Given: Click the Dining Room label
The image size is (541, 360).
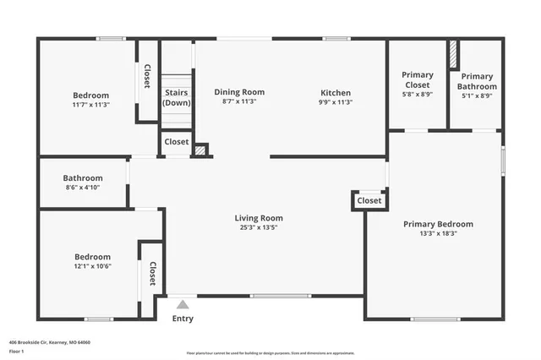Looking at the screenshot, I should coord(238,92).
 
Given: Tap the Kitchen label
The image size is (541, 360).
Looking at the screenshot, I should coord(335,92).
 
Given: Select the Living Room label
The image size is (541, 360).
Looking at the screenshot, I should coord(259,218).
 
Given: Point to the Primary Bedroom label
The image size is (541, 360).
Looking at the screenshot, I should coord(438,224).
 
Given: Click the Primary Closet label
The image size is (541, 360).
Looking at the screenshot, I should coord(417,79).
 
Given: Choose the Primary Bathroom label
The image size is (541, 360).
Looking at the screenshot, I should coord(476,81).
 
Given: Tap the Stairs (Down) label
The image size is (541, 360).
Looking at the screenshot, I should coord(177,97).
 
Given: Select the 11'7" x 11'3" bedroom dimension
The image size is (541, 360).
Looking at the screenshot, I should coord(90,105).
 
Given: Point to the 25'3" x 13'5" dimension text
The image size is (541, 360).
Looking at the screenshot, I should coord(259,227).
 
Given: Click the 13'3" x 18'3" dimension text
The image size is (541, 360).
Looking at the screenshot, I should coord(438,233).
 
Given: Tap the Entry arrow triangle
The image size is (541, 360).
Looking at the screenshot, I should coord(183,303).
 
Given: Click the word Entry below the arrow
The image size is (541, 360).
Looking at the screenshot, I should coord(183,319).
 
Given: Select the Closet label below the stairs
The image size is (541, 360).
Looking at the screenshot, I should coord(177,142).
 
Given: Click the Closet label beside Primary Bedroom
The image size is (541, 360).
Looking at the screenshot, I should coord(369,201).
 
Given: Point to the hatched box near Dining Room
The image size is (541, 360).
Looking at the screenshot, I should coord(200,150).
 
